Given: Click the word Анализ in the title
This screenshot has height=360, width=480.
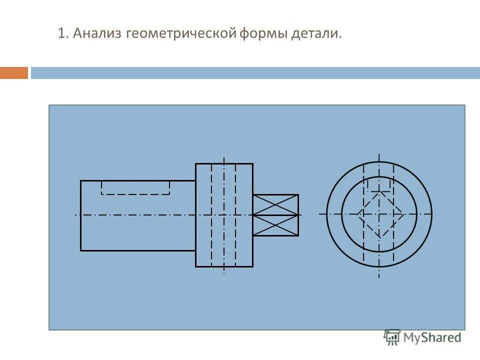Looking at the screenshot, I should click(x=97, y=34).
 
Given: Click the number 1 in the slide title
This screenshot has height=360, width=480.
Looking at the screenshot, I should click(x=61, y=34).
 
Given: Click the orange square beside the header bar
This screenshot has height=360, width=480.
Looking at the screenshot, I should click(x=14, y=73).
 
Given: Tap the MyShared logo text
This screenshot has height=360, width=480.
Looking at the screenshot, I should click(x=432, y=337).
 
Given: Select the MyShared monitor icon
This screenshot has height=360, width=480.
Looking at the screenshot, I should click(x=392, y=337).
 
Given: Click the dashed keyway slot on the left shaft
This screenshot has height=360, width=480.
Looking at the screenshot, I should click(x=135, y=193).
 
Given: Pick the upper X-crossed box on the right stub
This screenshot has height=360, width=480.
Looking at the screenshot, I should click(x=275, y=204).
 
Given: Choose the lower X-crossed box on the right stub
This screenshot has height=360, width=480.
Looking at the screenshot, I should click(x=275, y=225).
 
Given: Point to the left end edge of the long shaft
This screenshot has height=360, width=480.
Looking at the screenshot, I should click(x=81, y=215).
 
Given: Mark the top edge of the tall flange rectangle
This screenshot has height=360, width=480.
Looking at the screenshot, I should click(x=224, y=163).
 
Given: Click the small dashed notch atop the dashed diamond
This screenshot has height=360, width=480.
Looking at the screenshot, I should click(x=379, y=187).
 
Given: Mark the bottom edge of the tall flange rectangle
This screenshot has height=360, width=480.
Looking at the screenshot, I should click(x=224, y=266).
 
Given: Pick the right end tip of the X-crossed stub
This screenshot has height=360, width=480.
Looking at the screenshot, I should click(x=298, y=215).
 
